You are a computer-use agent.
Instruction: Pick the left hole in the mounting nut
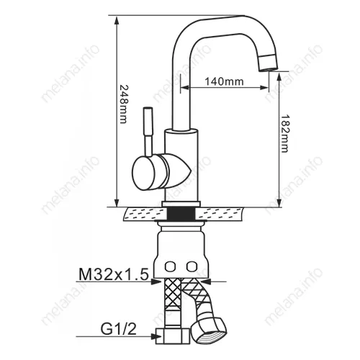[x=171, y=266]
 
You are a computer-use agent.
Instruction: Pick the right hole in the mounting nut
[x=191, y=266]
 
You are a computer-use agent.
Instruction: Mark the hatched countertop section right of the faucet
[x=230, y=213]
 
